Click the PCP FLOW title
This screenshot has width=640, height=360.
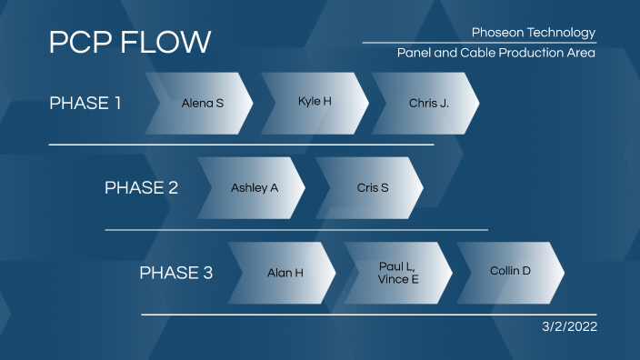point(130,42)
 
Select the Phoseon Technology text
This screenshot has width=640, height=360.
point(534,33)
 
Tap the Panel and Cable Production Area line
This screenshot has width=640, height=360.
point(495,53)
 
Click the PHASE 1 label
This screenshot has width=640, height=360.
point(85,103)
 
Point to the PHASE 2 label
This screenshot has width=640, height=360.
point(141,187)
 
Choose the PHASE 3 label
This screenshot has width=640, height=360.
point(175,273)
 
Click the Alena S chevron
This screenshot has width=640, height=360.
point(202,103)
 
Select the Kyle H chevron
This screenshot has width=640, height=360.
point(315,101)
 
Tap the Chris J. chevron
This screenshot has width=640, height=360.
point(428,103)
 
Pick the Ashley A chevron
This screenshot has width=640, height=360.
point(254,187)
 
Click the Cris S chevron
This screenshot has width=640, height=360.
point(372,187)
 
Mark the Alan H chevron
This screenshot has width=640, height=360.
point(285,272)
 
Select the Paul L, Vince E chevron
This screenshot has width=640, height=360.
point(398,273)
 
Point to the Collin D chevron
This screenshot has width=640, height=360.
point(510,271)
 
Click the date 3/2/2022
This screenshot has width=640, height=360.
point(570,325)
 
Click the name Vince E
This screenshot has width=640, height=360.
point(398,279)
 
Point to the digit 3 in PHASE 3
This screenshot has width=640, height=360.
point(207,273)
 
